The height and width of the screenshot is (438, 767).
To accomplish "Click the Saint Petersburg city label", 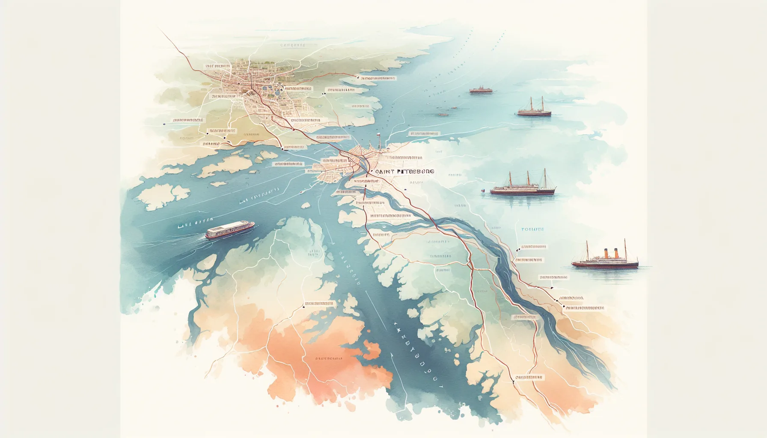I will [404, 172].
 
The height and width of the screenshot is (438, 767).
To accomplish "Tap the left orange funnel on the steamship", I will [606, 254].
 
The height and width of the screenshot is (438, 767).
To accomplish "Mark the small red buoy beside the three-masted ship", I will [482, 191].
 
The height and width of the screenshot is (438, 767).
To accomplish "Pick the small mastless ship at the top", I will [481, 90].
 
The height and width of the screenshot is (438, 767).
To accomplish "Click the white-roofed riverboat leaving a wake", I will [230, 230].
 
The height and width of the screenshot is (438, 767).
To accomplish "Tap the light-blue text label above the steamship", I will [532, 230].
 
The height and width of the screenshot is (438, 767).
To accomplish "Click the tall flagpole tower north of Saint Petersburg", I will [378, 141].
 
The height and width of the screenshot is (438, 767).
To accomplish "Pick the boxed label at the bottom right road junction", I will [529, 378].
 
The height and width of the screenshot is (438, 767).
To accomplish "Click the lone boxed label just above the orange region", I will [319, 304].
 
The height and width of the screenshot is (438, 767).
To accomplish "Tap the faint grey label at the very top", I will [293, 45].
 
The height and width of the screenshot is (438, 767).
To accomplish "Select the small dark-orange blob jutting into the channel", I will [372, 349].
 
